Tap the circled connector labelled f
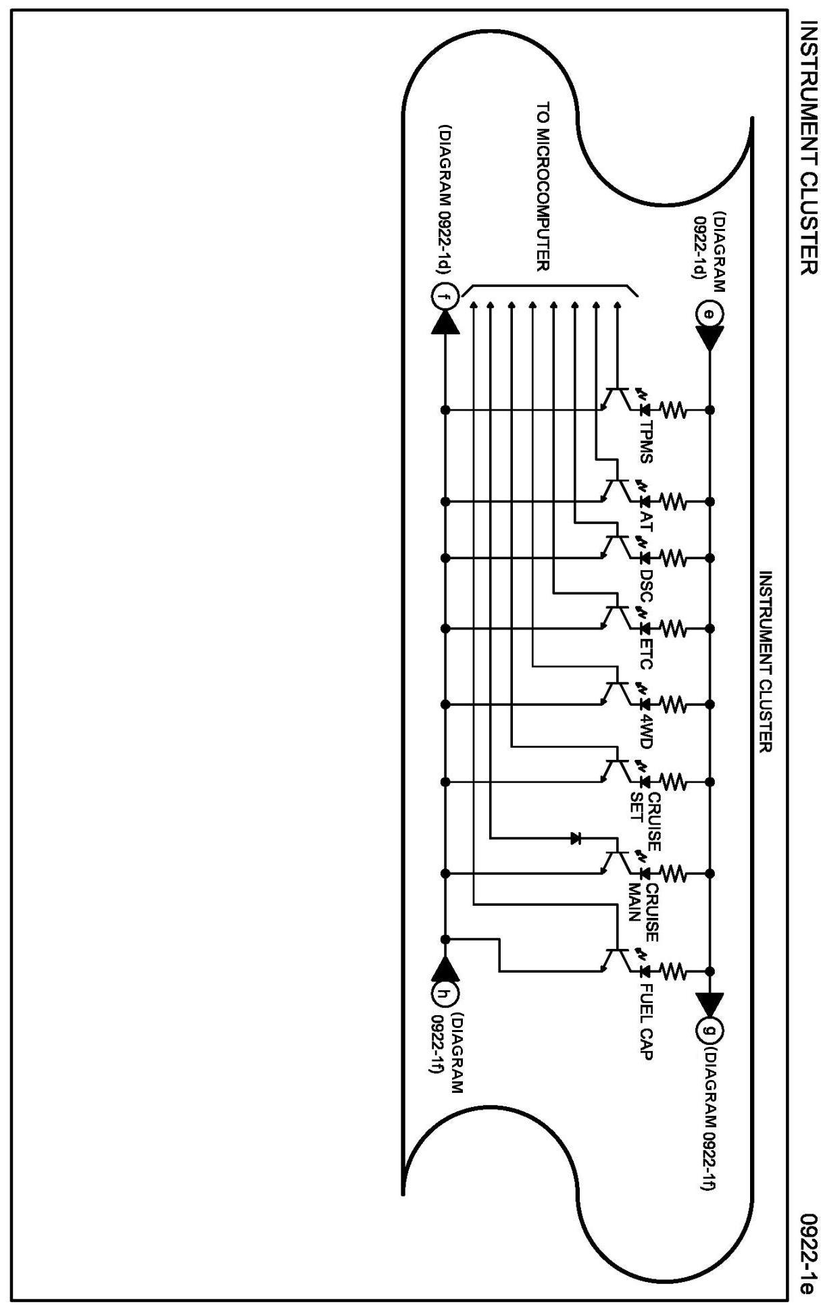(444, 297)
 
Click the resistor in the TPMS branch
(673, 409)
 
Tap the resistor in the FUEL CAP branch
(673, 971)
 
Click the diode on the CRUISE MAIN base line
(576, 839)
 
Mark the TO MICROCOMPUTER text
(543, 186)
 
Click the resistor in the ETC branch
(673, 629)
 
